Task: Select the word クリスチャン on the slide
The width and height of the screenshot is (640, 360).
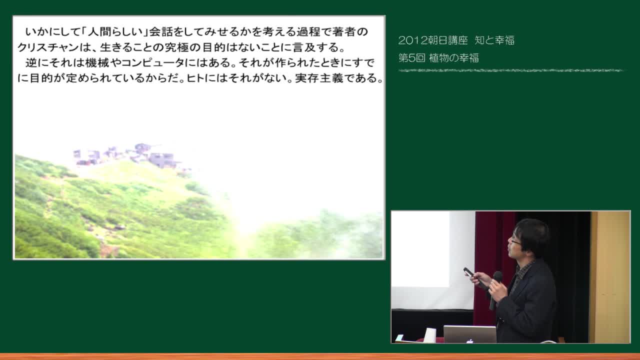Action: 47,47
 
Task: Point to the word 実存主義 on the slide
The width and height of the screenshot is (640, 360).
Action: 319,78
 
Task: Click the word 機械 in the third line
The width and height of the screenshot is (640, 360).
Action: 97,62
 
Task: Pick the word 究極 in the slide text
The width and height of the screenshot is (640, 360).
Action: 177,47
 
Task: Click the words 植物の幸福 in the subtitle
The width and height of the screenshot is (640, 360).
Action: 454,58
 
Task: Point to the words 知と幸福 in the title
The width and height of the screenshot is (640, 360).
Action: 494,40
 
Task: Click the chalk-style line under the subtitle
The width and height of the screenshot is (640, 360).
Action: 511,70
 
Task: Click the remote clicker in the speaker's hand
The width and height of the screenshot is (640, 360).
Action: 468,272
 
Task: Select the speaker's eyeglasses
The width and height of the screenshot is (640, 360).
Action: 515,242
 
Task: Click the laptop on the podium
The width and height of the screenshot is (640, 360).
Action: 469,334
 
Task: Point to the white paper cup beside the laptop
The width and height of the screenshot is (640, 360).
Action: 429,335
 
